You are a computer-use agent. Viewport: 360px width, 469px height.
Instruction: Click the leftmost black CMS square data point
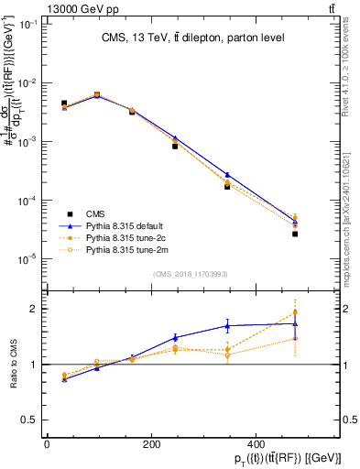point(64,104)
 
